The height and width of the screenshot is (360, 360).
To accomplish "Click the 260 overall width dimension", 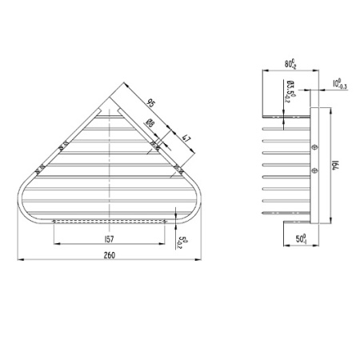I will (109, 254).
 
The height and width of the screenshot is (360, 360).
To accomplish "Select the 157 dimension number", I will (109, 238).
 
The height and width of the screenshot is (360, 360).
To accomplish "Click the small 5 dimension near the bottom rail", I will (182, 241).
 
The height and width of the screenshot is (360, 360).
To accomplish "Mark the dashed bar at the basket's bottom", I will (109, 220).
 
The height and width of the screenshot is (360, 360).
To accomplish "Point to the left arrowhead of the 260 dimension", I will (20, 259).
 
